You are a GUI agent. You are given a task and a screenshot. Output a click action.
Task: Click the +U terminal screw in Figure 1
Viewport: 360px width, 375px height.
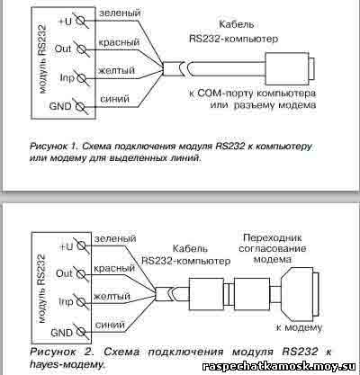(81, 21)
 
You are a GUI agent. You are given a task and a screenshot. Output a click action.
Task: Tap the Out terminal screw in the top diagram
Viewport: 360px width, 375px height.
(81, 49)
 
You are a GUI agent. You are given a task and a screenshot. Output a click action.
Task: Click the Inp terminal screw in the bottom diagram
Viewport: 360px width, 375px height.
(81, 302)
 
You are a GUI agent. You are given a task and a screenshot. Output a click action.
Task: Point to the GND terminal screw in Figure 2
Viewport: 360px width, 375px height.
(81, 332)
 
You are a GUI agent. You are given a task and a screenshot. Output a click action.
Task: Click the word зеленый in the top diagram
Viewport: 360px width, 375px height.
(120, 13)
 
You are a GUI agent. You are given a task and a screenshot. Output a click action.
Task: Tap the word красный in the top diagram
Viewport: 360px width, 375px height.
(119, 42)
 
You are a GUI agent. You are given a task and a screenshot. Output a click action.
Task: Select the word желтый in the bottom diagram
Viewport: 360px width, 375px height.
(112, 297)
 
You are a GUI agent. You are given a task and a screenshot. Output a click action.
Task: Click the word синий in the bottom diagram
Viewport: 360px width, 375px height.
(110, 325)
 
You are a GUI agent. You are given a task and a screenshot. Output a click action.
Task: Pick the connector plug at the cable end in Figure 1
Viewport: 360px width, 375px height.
(290, 68)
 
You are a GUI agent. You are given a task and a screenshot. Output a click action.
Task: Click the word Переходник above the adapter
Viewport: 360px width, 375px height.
(273, 238)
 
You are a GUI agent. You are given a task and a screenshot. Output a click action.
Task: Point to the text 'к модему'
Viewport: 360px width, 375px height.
(299, 327)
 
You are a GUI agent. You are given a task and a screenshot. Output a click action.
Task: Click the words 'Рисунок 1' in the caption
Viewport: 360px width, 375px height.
(52, 147)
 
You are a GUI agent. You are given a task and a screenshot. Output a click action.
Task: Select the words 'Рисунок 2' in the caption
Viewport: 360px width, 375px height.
(62, 352)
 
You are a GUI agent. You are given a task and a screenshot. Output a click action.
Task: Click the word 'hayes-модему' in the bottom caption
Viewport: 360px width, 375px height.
(67, 365)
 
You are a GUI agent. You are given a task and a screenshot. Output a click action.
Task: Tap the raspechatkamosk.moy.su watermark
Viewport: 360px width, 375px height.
(279, 366)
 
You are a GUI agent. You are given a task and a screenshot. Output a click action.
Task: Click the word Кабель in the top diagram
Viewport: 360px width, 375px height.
(237, 24)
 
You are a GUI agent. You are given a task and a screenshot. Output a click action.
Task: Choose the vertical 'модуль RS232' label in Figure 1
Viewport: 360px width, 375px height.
(43, 59)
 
